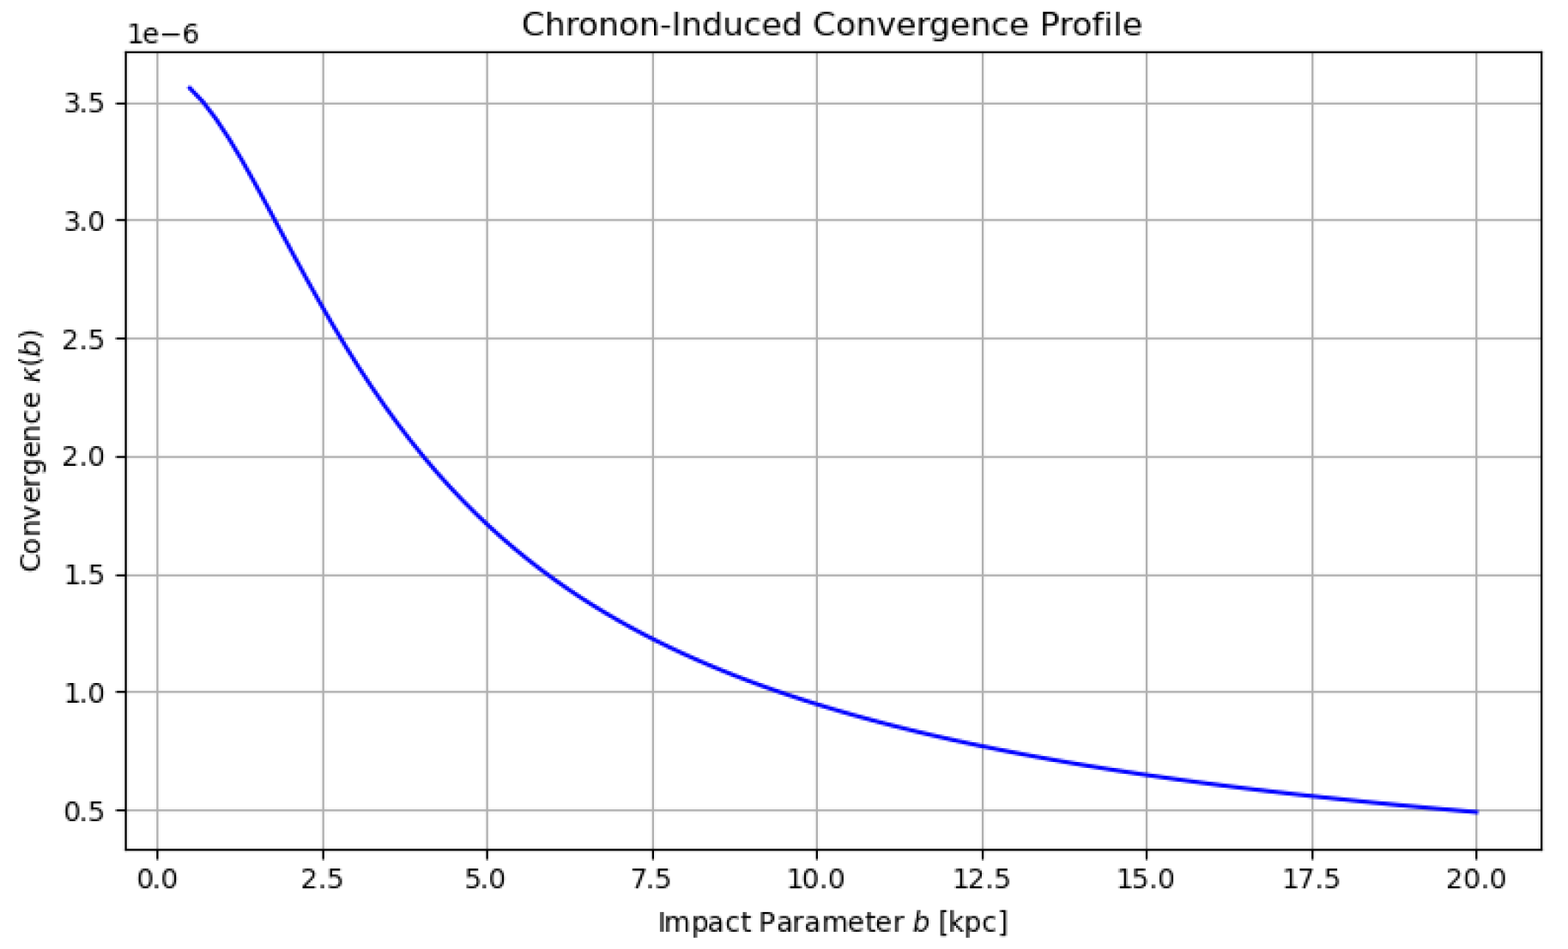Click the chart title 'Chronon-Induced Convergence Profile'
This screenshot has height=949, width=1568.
tap(831, 25)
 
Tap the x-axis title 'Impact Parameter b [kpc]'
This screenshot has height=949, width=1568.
tap(832, 922)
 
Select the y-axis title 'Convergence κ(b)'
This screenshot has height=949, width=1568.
tap(32, 450)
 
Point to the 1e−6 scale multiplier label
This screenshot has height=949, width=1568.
tap(162, 35)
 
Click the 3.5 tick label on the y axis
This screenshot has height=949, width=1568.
tap(83, 104)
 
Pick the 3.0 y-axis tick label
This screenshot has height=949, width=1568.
tap(83, 221)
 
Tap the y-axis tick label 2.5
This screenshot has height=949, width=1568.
tap(83, 339)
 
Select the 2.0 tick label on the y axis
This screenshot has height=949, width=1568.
tap(83, 456)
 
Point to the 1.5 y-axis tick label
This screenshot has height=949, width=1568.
tap(83, 575)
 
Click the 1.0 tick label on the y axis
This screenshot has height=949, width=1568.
tap(83, 692)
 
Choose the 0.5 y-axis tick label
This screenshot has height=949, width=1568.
tap(83, 811)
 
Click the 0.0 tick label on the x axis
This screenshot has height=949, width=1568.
tap(157, 879)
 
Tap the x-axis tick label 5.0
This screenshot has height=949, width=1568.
tap(487, 879)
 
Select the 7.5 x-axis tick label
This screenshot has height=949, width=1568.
tap(652, 879)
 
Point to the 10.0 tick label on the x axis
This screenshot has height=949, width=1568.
tap(816, 879)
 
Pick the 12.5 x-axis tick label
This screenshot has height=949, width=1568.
tap(982, 879)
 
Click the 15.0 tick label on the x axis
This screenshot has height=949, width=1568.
tap(1147, 879)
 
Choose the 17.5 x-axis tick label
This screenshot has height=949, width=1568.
tap(1311, 879)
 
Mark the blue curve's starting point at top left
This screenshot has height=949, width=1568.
tap(190, 88)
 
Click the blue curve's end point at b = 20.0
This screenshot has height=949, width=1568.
tap(1476, 812)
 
